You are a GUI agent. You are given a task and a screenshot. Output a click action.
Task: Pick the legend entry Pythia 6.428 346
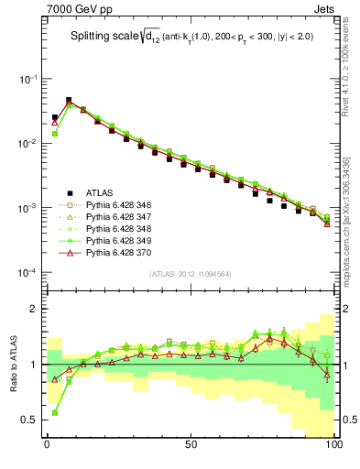pos(116,204)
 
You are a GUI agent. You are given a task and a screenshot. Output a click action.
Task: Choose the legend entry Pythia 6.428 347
pos(116,216)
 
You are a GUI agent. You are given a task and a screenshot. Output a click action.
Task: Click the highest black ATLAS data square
pos(69,100)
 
